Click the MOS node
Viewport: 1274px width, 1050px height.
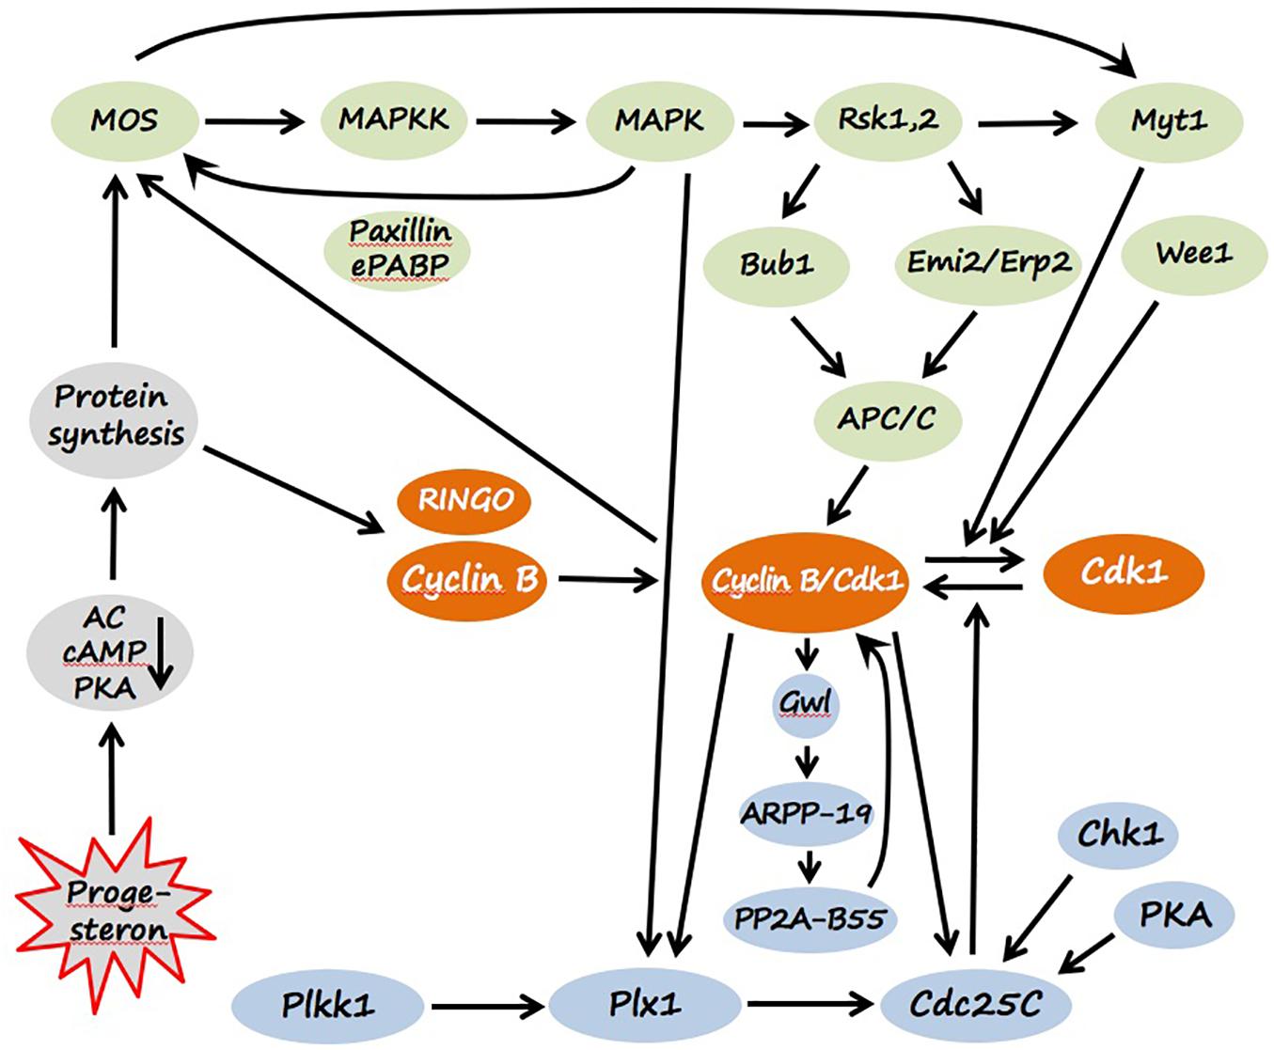point(124,121)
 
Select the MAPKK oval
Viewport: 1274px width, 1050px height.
point(394,120)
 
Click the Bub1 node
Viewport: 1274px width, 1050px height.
point(776,264)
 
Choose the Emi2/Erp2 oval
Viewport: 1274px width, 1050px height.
point(987,262)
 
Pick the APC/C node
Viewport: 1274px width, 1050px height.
point(887,418)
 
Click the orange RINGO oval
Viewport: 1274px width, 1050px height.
point(465,500)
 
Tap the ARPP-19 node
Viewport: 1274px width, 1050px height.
point(807,812)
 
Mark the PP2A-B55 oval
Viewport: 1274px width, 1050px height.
point(810,917)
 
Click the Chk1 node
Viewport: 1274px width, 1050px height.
point(1119,834)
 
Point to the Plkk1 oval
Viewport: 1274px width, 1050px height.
point(327,1005)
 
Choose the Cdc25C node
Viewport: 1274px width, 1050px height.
point(975,1005)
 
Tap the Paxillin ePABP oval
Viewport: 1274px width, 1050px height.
point(399,248)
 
